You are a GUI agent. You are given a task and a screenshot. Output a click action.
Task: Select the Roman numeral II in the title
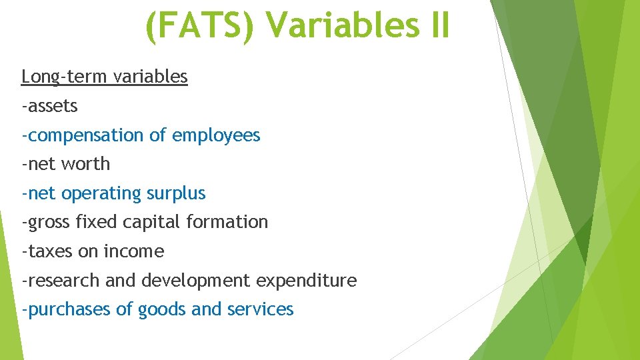click(436, 27)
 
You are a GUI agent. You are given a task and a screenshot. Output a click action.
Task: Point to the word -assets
click(49, 106)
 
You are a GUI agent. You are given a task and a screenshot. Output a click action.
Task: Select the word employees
click(216, 135)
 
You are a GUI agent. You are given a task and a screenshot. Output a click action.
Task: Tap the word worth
click(89, 164)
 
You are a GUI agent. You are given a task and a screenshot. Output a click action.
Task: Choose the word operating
click(103, 193)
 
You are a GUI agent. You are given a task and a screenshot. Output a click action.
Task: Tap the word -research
click(61, 281)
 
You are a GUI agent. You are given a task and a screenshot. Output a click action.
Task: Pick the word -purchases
click(65, 309)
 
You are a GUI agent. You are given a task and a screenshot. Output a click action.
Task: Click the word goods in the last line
click(162, 309)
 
